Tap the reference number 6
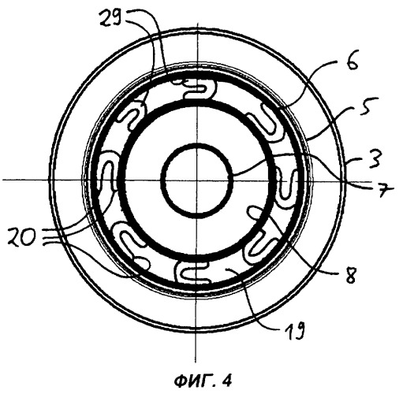(352, 62)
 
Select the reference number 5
(368, 108)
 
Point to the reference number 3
(374, 159)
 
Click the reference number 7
(385, 190)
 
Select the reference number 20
(21, 236)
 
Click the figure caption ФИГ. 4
(203, 381)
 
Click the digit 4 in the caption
(227, 381)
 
